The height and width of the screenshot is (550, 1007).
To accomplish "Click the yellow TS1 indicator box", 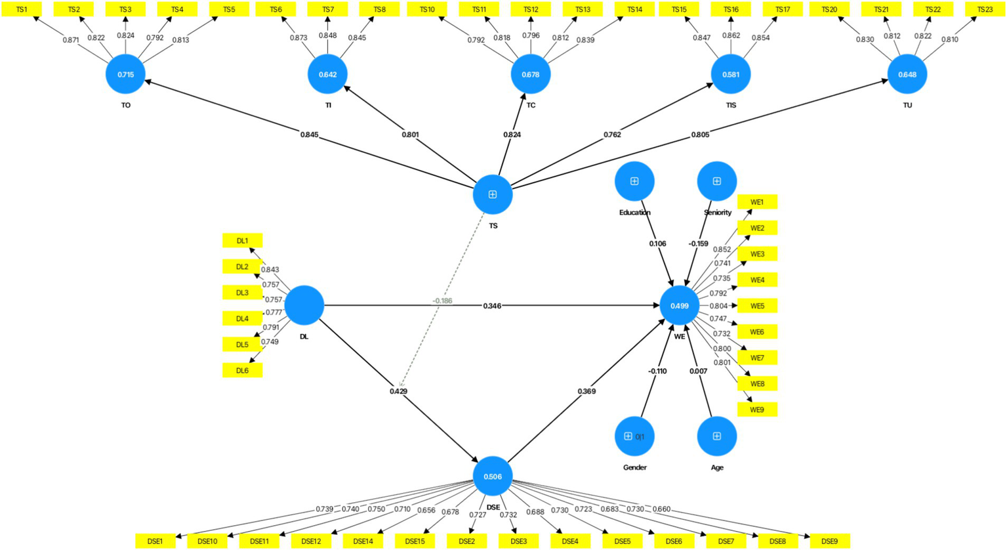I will click(x=22, y=9).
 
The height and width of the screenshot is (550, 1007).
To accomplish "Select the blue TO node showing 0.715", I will click(x=125, y=74).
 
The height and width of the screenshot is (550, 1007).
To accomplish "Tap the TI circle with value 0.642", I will click(x=327, y=74).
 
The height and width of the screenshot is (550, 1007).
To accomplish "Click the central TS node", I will click(x=493, y=194).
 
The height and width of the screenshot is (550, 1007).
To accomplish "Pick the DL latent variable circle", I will click(x=304, y=305).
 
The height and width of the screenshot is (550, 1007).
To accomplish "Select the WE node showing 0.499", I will click(x=680, y=306).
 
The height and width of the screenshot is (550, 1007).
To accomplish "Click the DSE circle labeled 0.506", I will click(x=493, y=476).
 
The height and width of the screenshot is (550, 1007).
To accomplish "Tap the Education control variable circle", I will click(x=634, y=181).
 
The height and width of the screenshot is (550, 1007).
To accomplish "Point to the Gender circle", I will click(x=634, y=436).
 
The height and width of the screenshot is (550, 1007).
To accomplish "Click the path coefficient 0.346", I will click(x=492, y=306).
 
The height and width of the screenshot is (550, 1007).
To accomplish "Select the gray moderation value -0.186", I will click(x=442, y=301).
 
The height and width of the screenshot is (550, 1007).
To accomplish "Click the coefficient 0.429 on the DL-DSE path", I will click(x=398, y=391).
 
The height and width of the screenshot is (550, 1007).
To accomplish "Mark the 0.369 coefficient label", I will click(x=586, y=391).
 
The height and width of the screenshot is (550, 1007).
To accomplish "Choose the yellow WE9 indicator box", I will click(x=757, y=410).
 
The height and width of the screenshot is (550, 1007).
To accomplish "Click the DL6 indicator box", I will click(x=242, y=370).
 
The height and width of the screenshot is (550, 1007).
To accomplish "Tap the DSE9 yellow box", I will click(x=829, y=541).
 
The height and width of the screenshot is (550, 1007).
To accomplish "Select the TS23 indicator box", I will click(x=985, y=9).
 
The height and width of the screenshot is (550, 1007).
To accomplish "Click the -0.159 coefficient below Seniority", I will click(x=698, y=243).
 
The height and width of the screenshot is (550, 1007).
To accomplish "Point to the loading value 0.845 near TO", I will click(x=310, y=135).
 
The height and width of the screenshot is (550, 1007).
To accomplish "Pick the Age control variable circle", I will click(x=717, y=436).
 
